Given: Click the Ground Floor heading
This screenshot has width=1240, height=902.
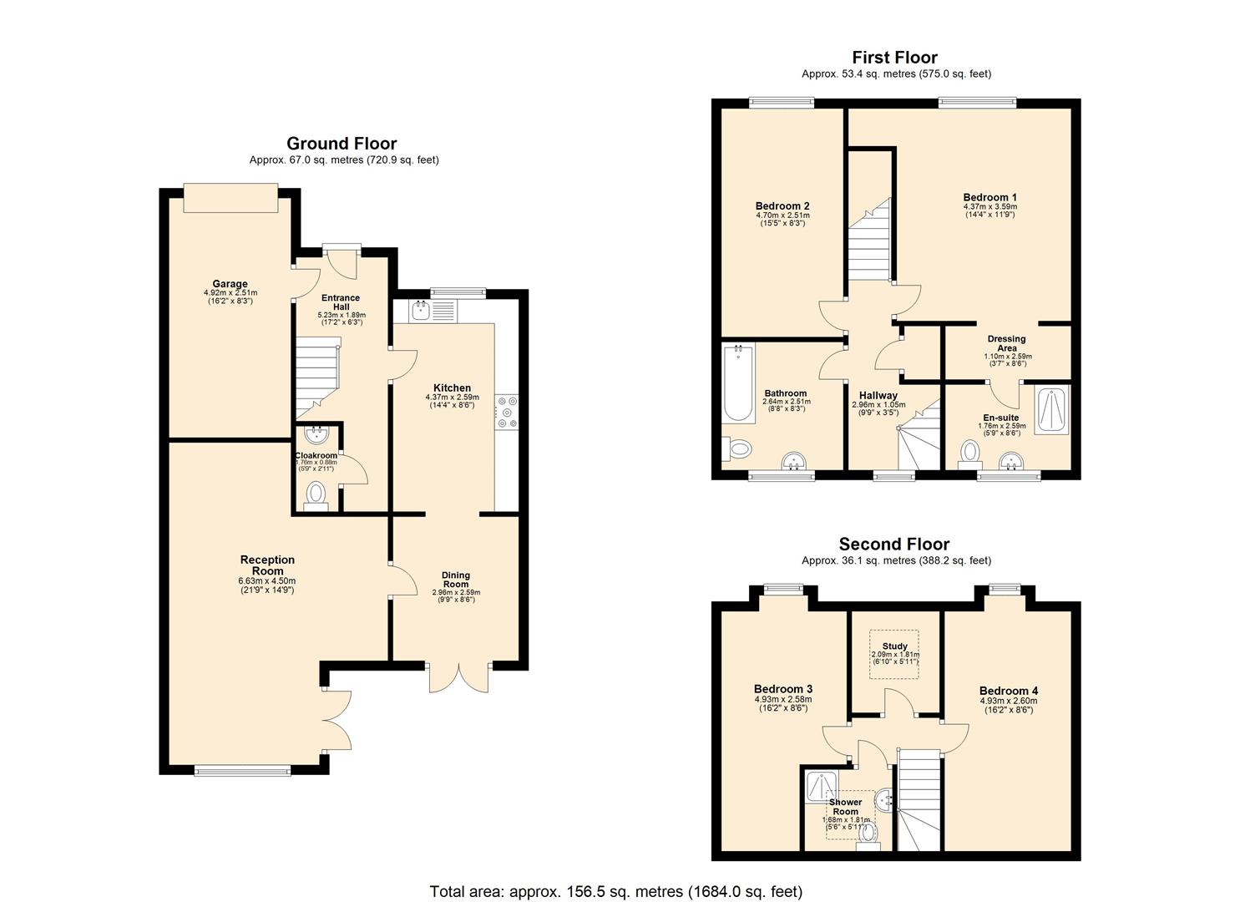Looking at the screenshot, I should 342,144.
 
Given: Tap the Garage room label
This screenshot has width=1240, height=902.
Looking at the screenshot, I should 230,284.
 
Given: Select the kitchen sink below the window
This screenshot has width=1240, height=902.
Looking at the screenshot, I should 420,312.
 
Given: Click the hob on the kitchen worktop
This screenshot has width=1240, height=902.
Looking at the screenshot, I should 506,412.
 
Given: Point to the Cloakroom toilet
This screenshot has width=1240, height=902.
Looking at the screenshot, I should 316,494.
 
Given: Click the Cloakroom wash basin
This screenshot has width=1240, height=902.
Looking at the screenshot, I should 316,434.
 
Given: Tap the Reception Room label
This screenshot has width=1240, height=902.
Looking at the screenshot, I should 267,565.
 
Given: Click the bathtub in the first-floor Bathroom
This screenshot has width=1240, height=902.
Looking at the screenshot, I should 738,383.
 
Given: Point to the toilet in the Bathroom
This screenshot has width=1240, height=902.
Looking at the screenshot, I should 737,449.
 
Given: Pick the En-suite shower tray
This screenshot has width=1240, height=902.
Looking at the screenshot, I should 1051,410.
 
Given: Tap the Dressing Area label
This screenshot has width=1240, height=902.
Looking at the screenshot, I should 1006,343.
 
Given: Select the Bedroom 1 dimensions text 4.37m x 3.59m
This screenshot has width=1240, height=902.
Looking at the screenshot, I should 989,206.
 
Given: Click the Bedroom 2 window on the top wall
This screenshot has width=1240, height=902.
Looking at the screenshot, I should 781,104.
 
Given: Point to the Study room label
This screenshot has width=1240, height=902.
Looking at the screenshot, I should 894,646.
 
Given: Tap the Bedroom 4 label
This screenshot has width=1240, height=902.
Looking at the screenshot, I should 1009,691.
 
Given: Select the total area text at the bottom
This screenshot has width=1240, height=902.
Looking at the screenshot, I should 615,891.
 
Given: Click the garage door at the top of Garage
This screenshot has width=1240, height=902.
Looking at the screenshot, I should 230,199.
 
